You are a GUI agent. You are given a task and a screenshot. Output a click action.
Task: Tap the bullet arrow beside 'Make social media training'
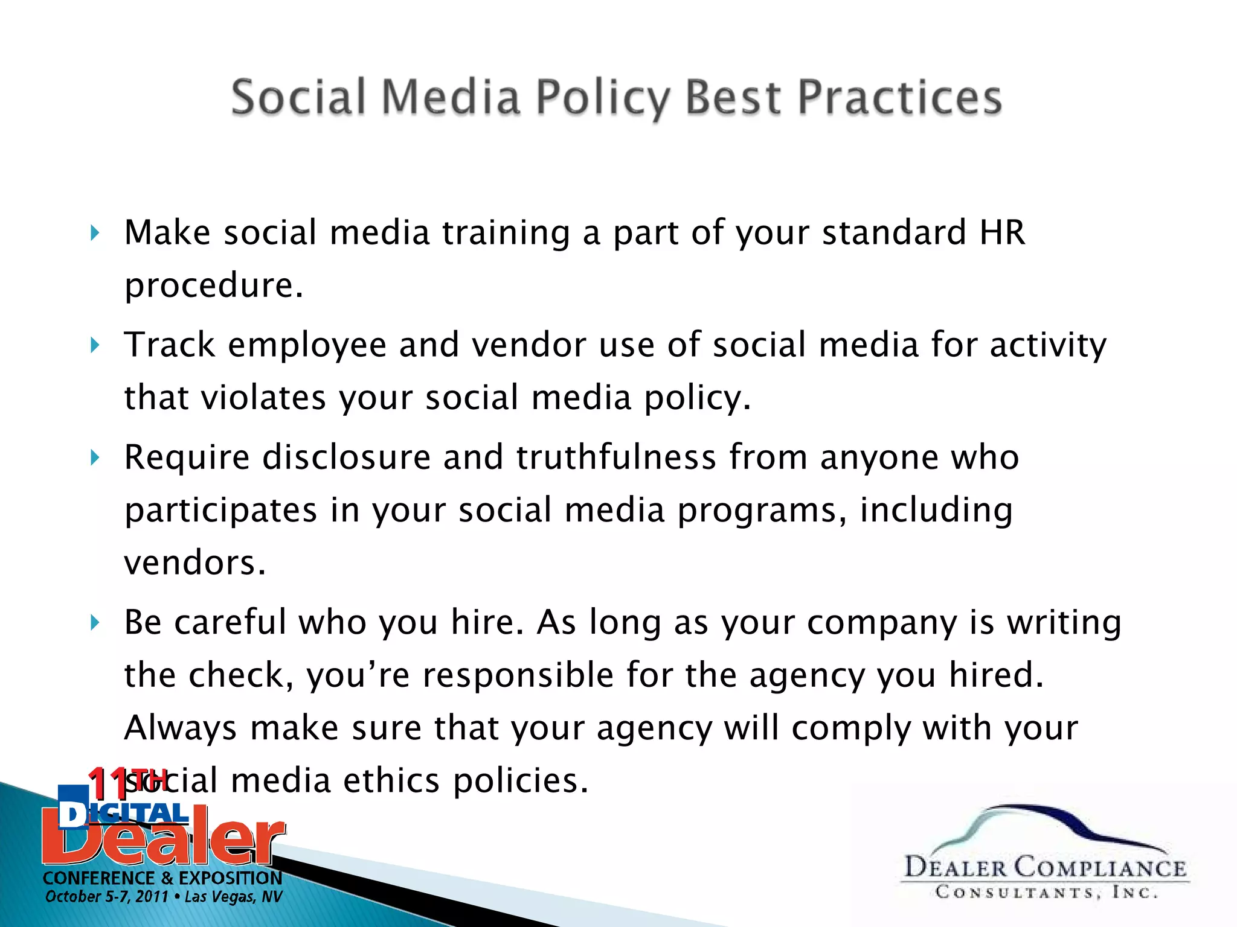coord(94,233)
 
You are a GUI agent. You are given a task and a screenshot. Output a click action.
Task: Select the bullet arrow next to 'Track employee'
coord(94,345)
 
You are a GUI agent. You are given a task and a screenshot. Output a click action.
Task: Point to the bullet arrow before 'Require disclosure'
coord(94,457)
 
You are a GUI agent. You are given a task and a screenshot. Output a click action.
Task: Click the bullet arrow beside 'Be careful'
coord(94,622)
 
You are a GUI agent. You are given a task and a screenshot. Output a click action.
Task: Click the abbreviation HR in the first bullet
coord(1002,232)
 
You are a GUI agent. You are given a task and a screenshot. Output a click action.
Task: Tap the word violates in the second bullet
coord(263,398)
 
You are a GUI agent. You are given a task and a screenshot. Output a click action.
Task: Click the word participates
coord(220,511)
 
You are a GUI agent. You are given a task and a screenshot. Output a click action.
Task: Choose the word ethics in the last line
coord(391,780)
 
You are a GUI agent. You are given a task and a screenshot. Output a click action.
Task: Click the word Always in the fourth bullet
coord(180,728)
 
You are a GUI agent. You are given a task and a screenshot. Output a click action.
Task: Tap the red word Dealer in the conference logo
coord(163,840)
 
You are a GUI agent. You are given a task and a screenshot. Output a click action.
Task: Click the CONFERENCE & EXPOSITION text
coord(162,878)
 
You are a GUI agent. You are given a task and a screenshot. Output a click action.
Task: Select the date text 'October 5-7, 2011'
coord(106,897)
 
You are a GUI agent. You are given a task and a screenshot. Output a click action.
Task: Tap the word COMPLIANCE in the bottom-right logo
coord(1099,868)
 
